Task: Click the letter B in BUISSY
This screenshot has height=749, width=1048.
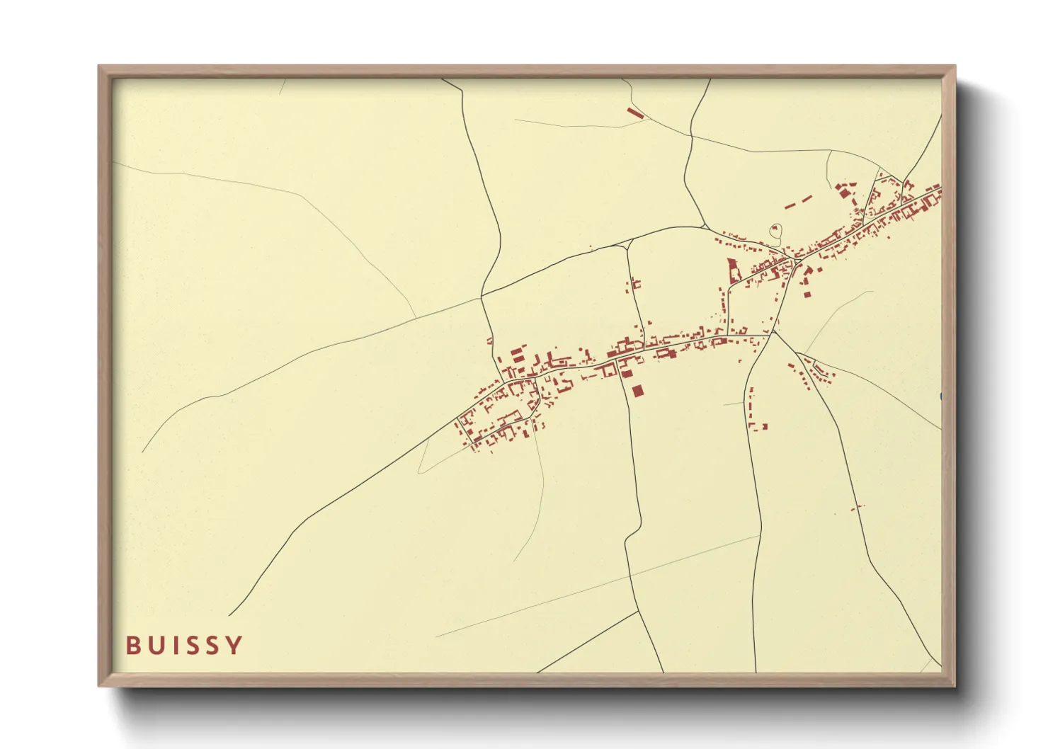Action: (132, 646)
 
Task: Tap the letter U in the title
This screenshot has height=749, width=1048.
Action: (154, 646)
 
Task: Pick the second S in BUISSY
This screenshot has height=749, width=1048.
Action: (211, 646)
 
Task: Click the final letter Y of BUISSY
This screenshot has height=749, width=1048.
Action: (234, 646)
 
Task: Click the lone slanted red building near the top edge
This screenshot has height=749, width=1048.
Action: (636, 112)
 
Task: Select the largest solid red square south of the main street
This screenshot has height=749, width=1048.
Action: (637, 390)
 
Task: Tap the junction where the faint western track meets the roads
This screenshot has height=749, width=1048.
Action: (483, 297)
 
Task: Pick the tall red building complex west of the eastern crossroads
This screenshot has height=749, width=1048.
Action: (732, 270)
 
